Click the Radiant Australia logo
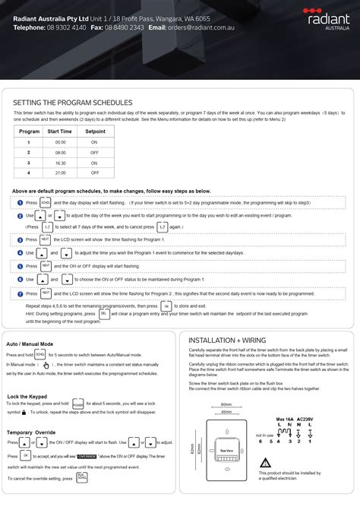click(x=327, y=15)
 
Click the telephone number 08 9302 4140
click(x=67, y=27)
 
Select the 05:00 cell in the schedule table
click(x=60, y=142)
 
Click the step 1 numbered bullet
click(x=20, y=203)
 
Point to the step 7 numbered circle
click(x=20, y=293)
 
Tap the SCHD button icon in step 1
click(x=46, y=203)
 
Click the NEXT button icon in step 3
click(x=46, y=239)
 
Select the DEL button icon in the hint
click(x=103, y=312)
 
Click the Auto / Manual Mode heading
click(x=34, y=344)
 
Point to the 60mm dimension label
click(x=226, y=404)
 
